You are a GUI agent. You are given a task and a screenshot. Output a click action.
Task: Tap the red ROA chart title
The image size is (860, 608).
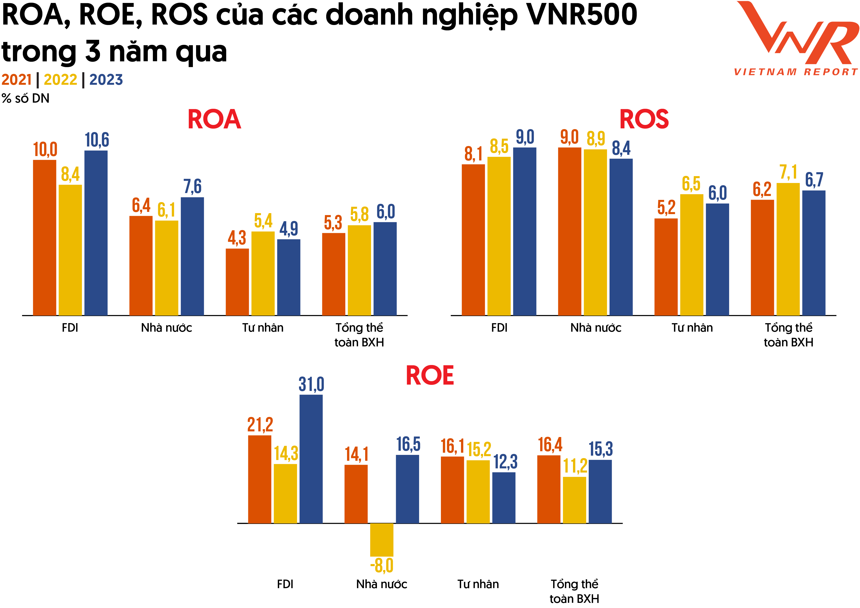pyautogui.click(x=214, y=120)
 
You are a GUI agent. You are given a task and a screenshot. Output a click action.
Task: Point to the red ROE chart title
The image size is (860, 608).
pyautogui.click(x=430, y=376)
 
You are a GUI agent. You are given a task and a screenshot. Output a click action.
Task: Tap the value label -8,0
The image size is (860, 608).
pyautogui.click(x=382, y=566)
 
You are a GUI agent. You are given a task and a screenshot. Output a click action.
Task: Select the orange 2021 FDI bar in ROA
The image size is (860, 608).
pyautogui.click(x=45, y=238)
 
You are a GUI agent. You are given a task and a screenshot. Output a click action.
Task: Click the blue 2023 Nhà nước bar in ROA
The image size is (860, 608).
pyautogui.click(x=192, y=256)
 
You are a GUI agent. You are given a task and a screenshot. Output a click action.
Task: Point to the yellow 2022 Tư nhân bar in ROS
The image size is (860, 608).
pyautogui.click(x=691, y=255)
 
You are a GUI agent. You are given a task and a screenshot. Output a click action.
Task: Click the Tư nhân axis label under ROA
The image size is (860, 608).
pyautogui.click(x=262, y=328)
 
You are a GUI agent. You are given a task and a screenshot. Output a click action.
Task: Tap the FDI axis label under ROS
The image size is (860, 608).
pyautogui.click(x=499, y=328)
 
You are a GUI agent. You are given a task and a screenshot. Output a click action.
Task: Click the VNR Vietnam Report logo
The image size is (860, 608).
pyautogui.click(x=796, y=37)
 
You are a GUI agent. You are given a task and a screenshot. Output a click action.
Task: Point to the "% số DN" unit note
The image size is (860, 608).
pyautogui.click(x=25, y=98)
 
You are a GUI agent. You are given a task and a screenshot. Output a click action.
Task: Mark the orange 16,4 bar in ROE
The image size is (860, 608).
pyautogui.click(x=549, y=489)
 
